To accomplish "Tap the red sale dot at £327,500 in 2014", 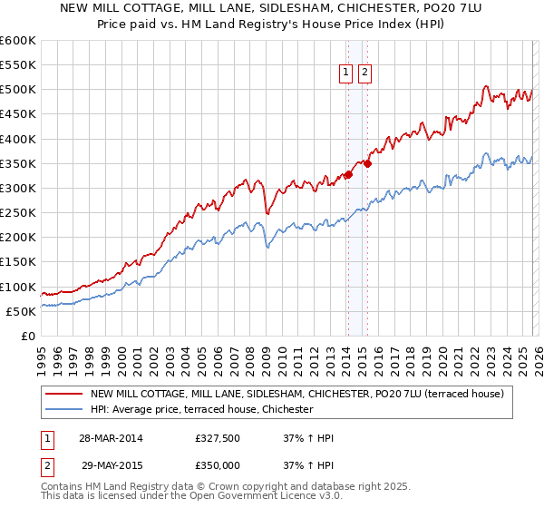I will pyautogui.click(x=348, y=174).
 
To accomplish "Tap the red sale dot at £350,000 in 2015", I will pyautogui.click(x=367, y=163).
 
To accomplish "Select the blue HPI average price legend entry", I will pyautogui.click(x=201, y=410).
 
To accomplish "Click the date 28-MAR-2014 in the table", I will pyautogui.click(x=112, y=438).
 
